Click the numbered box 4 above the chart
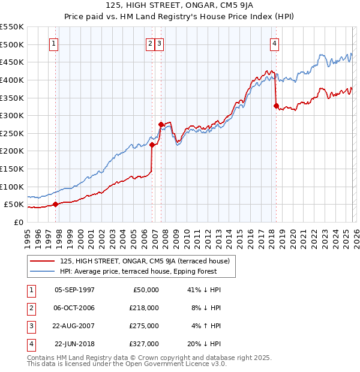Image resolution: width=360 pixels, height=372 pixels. pyautogui.click(x=274, y=43)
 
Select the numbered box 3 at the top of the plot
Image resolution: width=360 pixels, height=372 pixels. pyautogui.click(x=159, y=43)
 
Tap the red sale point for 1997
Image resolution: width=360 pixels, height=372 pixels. pyautogui.click(x=56, y=204)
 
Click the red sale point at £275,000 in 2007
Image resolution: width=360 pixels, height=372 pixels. pyautogui.click(x=161, y=124)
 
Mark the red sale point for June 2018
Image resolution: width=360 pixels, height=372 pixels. pyautogui.click(x=276, y=106)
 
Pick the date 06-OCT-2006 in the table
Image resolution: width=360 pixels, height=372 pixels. pyautogui.click(x=74, y=308)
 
